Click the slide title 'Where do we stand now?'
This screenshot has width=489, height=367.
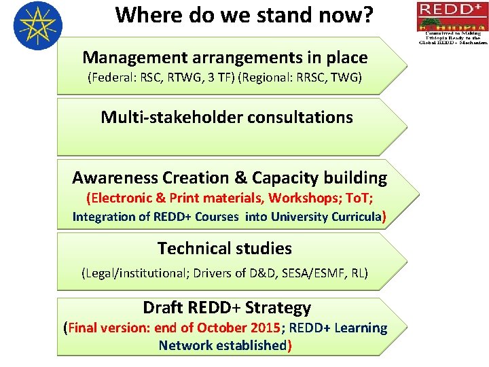[x=244, y=15]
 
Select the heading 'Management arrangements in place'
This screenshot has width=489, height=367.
[x=225, y=58]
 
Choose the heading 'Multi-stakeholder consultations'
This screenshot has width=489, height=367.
[x=227, y=117]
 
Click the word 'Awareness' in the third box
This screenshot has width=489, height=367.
[x=115, y=178]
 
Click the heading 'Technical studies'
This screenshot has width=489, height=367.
[x=224, y=249]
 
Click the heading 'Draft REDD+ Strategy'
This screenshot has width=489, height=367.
[x=226, y=308]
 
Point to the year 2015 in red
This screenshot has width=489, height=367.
[x=265, y=328]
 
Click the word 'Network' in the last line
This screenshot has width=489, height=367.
[x=185, y=345]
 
